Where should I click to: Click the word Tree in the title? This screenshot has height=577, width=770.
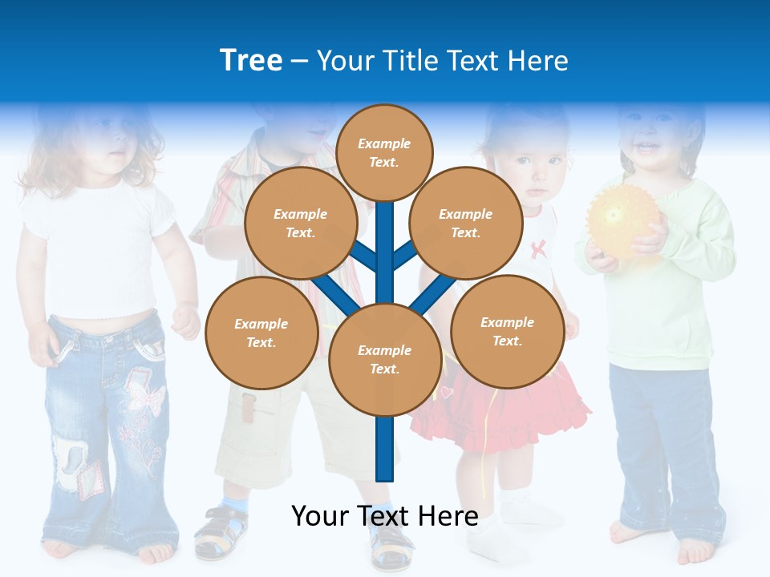pyautogui.click(x=251, y=61)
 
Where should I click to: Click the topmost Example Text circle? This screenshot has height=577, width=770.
pyautogui.click(x=384, y=152)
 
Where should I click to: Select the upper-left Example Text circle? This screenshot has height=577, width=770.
pyautogui.click(x=301, y=223)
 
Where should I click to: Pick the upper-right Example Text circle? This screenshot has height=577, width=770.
pyautogui.click(x=466, y=223)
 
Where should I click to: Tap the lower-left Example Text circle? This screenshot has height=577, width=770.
pyautogui.click(x=261, y=333)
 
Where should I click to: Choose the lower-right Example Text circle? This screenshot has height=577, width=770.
pyautogui.click(x=507, y=331)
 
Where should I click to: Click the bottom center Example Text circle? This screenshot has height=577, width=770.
pyautogui.click(x=385, y=359)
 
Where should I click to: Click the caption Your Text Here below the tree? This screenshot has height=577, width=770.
pyautogui.click(x=384, y=516)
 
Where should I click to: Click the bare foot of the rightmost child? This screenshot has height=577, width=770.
pyautogui.click(x=694, y=550)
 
